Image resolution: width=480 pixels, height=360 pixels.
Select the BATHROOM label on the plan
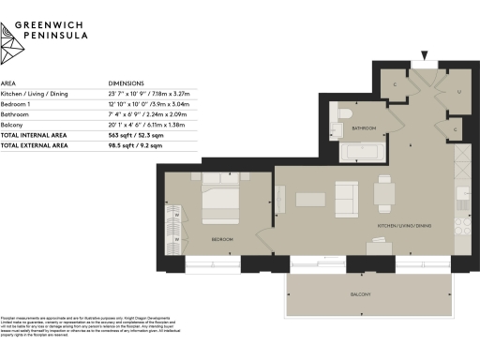coord(364,128)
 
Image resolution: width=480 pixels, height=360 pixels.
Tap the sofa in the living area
coord(345,197)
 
